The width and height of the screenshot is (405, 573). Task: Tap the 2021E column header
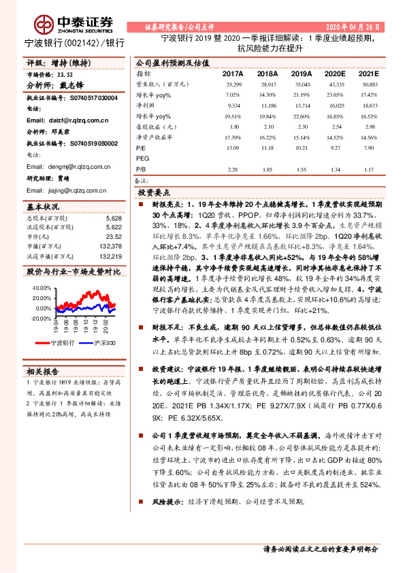click(x=368, y=73)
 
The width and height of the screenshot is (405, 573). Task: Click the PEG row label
click(x=142, y=157)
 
